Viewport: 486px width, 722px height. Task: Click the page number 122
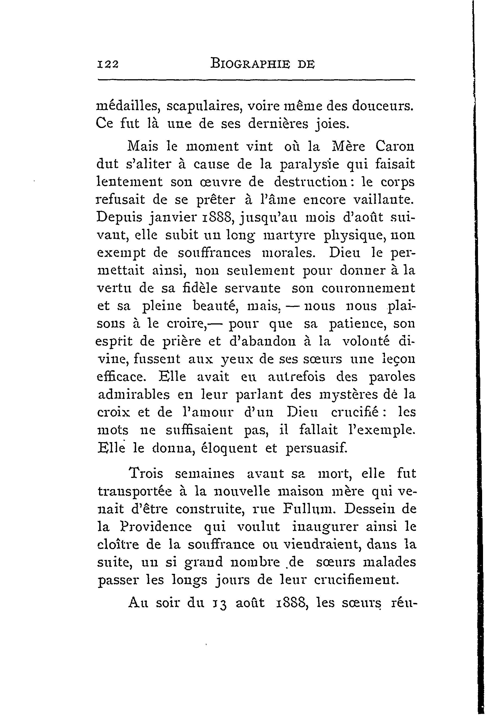click(x=108, y=64)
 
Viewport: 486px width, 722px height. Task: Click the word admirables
click(x=134, y=395)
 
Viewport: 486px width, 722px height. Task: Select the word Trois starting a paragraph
click(x=145, y=474)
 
